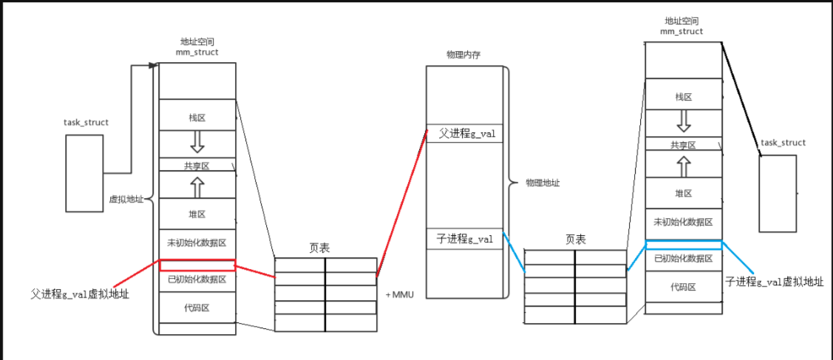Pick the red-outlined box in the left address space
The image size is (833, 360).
tap(197, 265)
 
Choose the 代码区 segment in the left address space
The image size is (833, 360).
tap(197, 308)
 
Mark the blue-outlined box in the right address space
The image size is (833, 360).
tap(684, 245)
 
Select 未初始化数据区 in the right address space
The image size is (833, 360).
tap(684, 222)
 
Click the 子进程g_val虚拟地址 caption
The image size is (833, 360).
tap(774, 282)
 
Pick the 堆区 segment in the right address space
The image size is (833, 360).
tap(684, 193)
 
